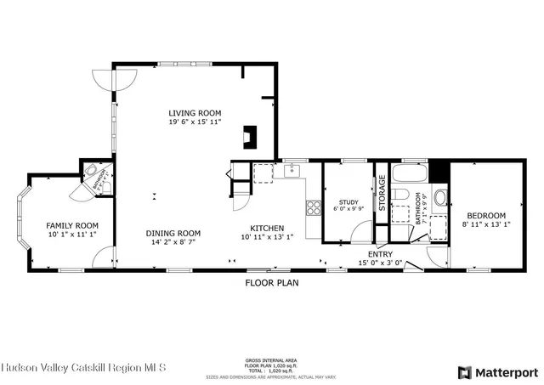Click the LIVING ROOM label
coord(194,113)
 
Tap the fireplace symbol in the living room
coord(249,137)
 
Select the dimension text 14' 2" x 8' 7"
coord(173,243)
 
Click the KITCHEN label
coord(266,228)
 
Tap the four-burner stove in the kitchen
coord(312,207)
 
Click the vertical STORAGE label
coord(382,192)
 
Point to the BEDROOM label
coord(487,216)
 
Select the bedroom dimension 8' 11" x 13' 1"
coord(487,225)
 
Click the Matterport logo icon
coord(464,371)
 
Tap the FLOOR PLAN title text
coord(272,282)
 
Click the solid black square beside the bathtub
coord(438,171)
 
